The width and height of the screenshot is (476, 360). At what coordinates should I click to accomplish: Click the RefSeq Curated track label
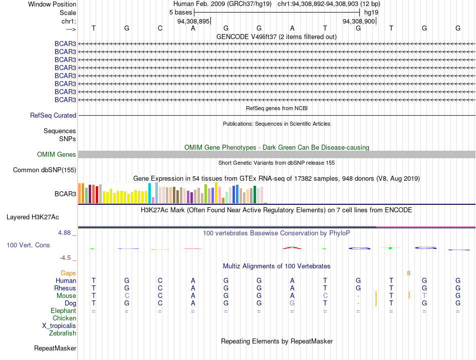(x=53, y=116)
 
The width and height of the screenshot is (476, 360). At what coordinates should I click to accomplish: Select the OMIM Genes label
(x=57, y=154)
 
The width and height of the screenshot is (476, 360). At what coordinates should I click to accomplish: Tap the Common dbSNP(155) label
(x=45, y=170)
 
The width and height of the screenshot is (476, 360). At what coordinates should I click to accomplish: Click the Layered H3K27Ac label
(x=33, y=217)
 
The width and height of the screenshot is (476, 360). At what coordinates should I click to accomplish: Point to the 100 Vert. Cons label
(x=28, y=245)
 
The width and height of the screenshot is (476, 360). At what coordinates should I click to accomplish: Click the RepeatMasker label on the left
(x=55, y=348)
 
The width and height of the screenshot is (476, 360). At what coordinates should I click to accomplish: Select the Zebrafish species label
(x=63, y=333)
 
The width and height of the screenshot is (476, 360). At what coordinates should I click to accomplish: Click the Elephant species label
(x=64, y=311)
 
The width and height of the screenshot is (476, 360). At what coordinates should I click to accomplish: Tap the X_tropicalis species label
(x=59, y=326)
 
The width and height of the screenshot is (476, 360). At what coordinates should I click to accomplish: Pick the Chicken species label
(x=64, y=318)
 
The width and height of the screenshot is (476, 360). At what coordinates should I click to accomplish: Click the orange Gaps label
(x=68, y=273)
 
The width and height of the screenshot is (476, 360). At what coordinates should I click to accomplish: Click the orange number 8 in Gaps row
(x=408, y=273)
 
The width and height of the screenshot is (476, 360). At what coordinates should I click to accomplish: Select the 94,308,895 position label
(x=194, y=21)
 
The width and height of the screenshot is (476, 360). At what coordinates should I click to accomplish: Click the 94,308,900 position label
(x=359, y=21)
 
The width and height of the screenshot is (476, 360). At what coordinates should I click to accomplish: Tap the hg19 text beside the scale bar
(x=371, y=13)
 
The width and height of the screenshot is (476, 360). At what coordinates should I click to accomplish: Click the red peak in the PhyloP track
(x=292, y=248)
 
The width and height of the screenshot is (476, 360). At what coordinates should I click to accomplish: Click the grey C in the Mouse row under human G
(x=127, y=296)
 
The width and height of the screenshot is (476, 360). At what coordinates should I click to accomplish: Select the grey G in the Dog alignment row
(x=292, y=303)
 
